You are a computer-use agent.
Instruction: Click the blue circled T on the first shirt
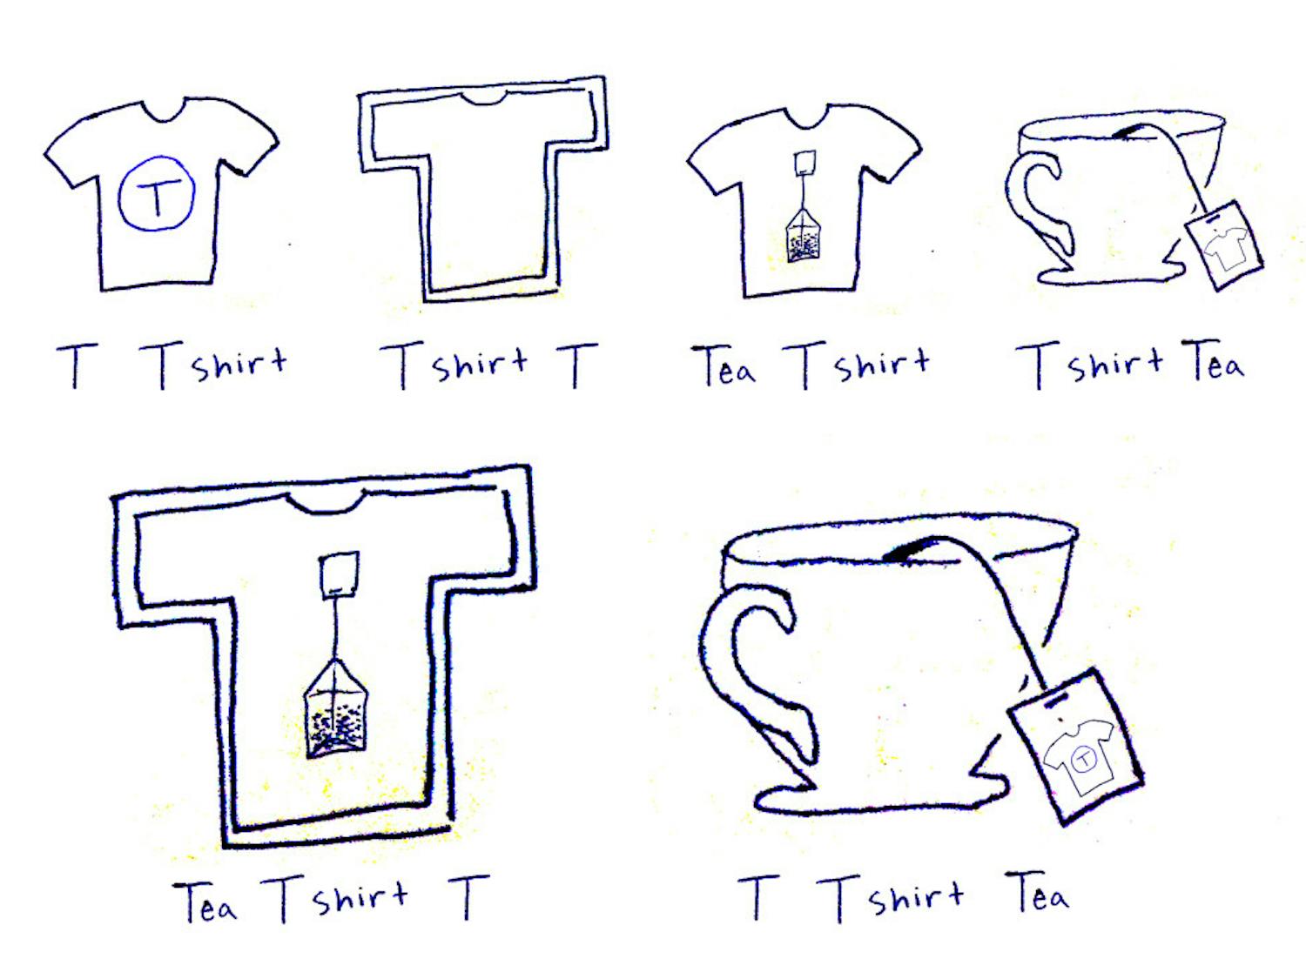click(157, 193)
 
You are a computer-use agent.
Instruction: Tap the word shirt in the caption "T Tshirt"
click(239, 364)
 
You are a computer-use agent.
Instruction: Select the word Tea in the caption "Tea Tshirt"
click(723, 365)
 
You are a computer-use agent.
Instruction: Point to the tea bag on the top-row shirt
click(803, 234)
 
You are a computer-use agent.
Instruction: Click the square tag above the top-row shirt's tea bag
click(805, 164)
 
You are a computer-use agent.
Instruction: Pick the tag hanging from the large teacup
click(1076, 745)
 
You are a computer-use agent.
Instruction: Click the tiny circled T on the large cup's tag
click(1083, 758)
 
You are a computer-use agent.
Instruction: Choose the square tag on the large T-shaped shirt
click(338, 574)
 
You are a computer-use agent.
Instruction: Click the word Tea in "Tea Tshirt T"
click(205, 902)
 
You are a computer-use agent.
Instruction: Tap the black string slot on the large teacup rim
click(910, 550)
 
